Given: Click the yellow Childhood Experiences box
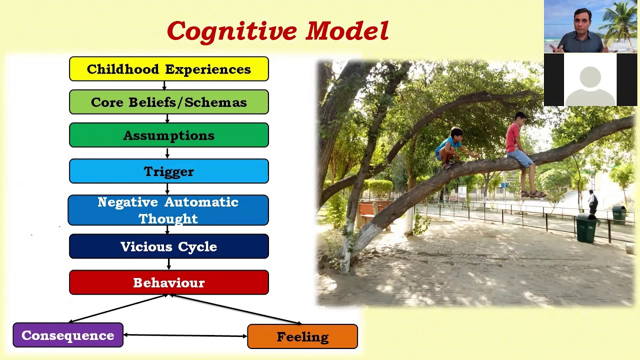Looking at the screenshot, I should click(x=168, y=69).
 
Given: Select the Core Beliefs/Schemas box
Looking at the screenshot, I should click(x=168, y=102).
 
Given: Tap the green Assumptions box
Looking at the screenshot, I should click(x=168, y=135).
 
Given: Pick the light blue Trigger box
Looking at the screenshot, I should click(x=168, y=171).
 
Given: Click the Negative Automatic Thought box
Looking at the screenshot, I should click(x=168, y=210).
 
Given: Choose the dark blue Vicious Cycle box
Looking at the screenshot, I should click(x=168, y=246).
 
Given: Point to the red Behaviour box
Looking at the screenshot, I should click(x=168, y=282).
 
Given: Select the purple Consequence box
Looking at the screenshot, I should click(x=68, y=335).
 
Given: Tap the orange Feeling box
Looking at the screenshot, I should click(x=302, y=336).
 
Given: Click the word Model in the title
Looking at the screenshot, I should click(x=347, y=31).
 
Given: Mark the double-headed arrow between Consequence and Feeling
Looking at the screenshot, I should click(x=185, y=335).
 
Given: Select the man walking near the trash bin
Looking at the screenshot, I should click(x=592, y=202).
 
